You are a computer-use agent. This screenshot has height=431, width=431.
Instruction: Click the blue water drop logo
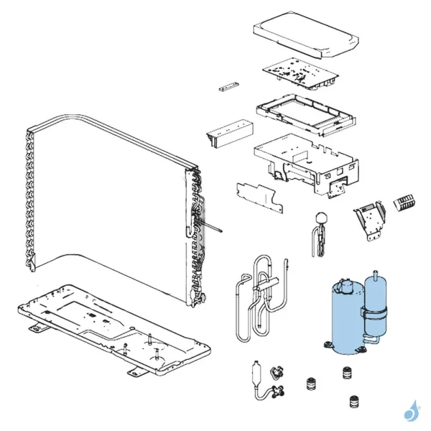[x=411, y=412]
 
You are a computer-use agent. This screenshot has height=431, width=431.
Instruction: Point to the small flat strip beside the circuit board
[x=226, y=88]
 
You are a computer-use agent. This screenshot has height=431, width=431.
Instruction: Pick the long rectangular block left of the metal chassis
[x=230, y=133]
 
